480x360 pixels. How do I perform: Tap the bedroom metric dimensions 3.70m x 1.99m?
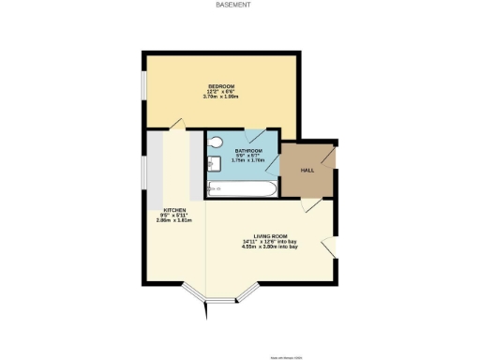point(221,97)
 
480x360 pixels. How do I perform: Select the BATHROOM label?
point(248,150)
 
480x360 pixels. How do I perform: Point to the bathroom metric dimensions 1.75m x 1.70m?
point(248,160)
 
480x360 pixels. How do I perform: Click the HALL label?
point(307,171)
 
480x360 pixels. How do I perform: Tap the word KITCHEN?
point(174,210)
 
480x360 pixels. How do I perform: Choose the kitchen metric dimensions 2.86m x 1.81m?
point(174,220)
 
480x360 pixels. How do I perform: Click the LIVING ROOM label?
point(270,235)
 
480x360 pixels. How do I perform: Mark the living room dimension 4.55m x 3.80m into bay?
point(270,247)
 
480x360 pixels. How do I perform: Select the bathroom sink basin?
point(212,165)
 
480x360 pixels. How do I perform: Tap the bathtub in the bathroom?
point(241,190)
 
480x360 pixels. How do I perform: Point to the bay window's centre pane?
point(221,301)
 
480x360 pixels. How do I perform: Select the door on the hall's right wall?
point(329,160)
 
